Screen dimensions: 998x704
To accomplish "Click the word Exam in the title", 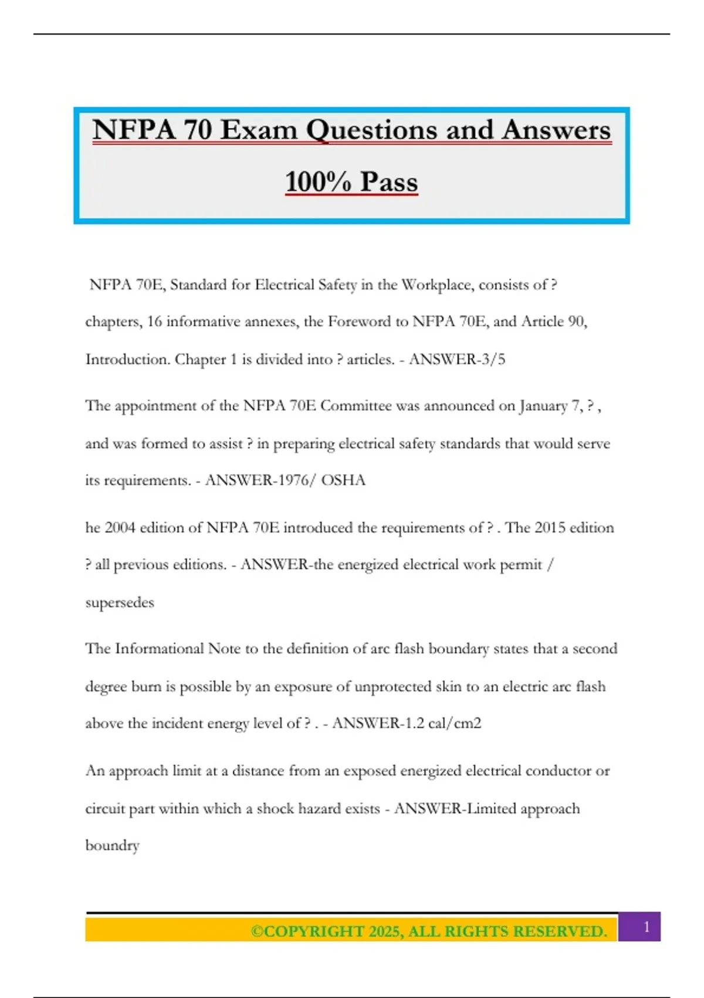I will click(259, 130).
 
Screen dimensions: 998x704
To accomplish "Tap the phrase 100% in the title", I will click(317, 181).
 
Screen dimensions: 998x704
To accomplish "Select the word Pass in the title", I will click(389, 181).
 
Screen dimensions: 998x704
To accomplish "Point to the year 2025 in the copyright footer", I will click(384, 932).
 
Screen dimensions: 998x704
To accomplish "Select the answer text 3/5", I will click(493, 359).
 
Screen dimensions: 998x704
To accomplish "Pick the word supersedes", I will click(120, 602).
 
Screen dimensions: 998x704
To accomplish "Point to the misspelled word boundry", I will click(112, 845).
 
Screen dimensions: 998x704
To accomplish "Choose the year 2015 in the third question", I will click(550, 528).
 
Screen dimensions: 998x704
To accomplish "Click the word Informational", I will click(159, 649).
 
